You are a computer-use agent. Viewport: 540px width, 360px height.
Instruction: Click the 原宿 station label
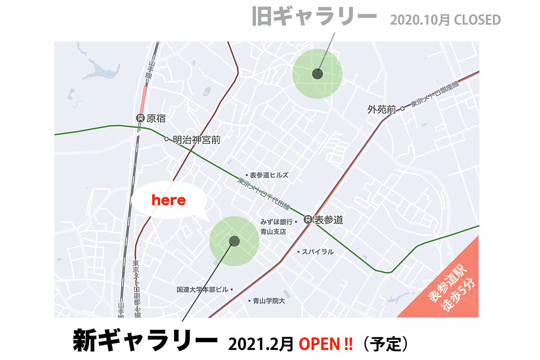(x=156, y=119)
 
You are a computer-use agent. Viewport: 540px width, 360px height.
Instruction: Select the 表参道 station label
(x=328, y=220)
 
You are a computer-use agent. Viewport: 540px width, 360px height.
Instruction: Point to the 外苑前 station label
(x=382, y=109)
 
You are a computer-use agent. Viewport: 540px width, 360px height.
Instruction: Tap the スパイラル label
(x=318, y=252)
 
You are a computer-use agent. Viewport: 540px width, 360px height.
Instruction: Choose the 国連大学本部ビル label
(x=202, y=290)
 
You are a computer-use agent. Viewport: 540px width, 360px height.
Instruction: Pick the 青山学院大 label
(x=269, y=301)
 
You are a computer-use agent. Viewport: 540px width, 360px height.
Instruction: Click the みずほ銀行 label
(x=277, y=222)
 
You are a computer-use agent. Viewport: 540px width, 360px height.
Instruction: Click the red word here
(x=169, y=200)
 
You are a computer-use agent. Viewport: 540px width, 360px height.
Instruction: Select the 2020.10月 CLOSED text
(x=445, y=20)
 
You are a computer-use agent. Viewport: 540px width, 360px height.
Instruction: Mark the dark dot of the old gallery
(x=317, y=74)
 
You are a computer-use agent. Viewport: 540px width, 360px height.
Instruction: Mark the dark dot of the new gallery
(x=234, y=241)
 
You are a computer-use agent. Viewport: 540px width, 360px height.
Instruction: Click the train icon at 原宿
(x=140, y=119)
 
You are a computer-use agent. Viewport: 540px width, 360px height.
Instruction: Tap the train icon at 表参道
(x=308, y=220)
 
